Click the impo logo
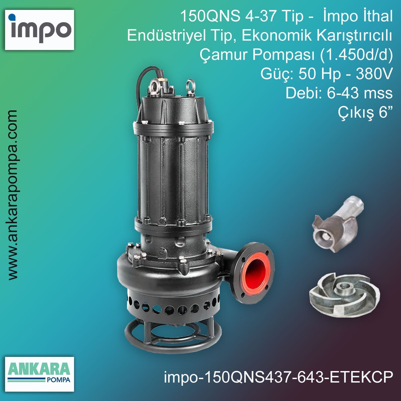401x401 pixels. pos(40,30)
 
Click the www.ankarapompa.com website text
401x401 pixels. pos(13,195)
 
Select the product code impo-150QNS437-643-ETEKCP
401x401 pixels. pos(278,377)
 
